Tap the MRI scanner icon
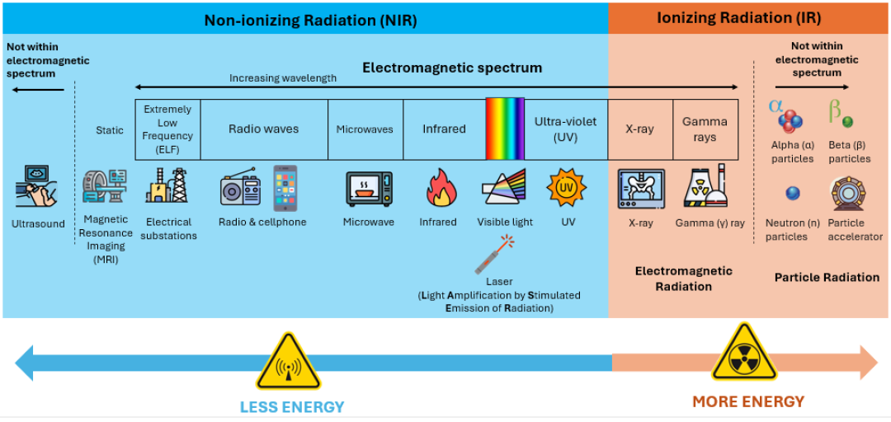click(105, 185)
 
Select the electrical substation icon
click(167, 185)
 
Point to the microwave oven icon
click(369, 189)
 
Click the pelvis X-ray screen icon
click(641, 189)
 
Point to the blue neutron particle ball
click(792, 194)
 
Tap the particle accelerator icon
click(846, 193)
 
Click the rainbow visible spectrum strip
click(505, 129)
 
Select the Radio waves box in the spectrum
click(264, 129)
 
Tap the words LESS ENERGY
click(292, 406)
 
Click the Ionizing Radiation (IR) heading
click(738, 18)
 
